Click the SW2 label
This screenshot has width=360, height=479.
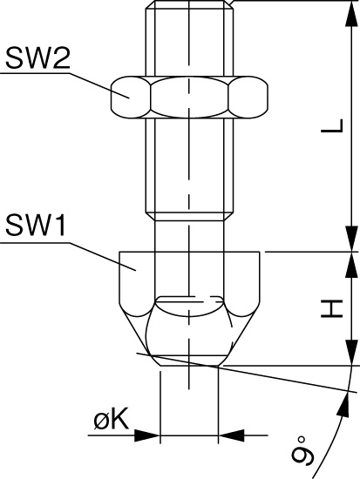tap(37, 58)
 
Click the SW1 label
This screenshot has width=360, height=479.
tap(36, 226)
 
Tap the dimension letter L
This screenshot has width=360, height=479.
tap(332, 125)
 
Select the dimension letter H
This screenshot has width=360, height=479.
tap(332, 308)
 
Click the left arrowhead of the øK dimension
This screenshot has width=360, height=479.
tap(147, 435)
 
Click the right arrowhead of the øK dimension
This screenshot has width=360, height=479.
tap(232, 435)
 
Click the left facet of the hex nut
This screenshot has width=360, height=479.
tap(131, 98)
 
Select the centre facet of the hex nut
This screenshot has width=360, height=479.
tap(189, 98)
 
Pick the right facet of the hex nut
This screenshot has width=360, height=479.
tap(248, 98)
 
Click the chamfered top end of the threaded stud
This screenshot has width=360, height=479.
tap(189, 5)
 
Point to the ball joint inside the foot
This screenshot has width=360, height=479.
tap(189, 326)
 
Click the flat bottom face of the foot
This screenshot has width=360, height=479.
tap(189, 365)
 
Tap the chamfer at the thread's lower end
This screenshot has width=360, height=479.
tap(189, 216)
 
